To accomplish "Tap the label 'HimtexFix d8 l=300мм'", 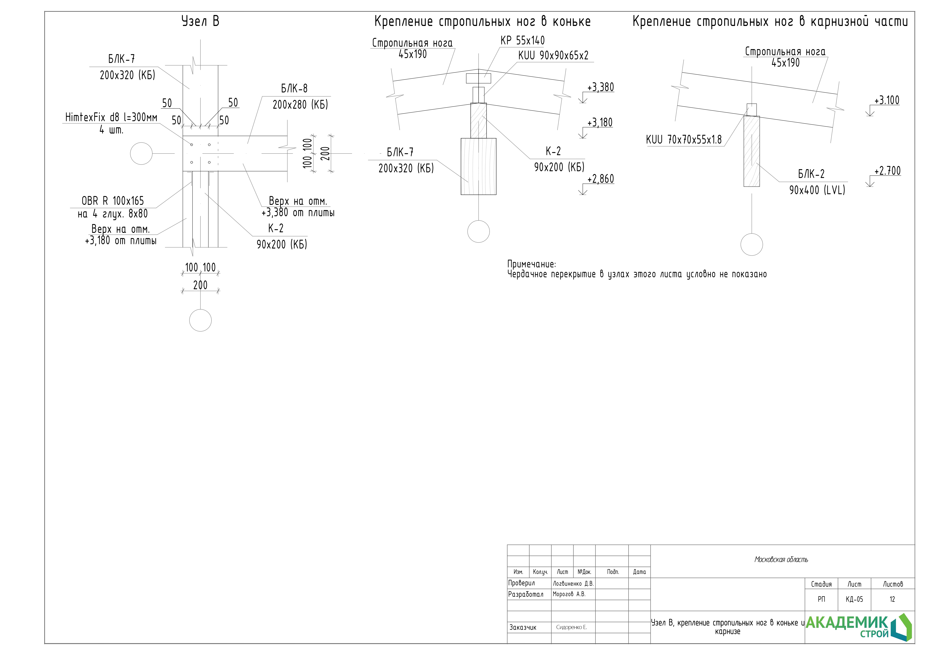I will pyautogui.click(x=111, y=117).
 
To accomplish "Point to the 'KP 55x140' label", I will pyautogui.click(x=522, y=41).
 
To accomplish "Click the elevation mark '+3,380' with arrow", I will pyautogui.click(x=600, y=88).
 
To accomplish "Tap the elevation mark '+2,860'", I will pyautogui.click(x=600, y=179).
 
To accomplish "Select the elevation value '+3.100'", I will pyautogui.click(x=886, y=100).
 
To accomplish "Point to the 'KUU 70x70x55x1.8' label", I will pyautogui.click(x=684, y=140).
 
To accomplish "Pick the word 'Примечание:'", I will pyautogui.click(x=531, y=264).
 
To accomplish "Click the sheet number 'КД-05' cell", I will pyautogui.click(x=854, y=599).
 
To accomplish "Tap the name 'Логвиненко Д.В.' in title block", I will pyautogui.click(x=573, y=584).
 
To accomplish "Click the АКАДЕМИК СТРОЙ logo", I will pyautogui.click(x=858, y=627).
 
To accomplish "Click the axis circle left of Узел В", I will pyautogui.click(x=141, y=154).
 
